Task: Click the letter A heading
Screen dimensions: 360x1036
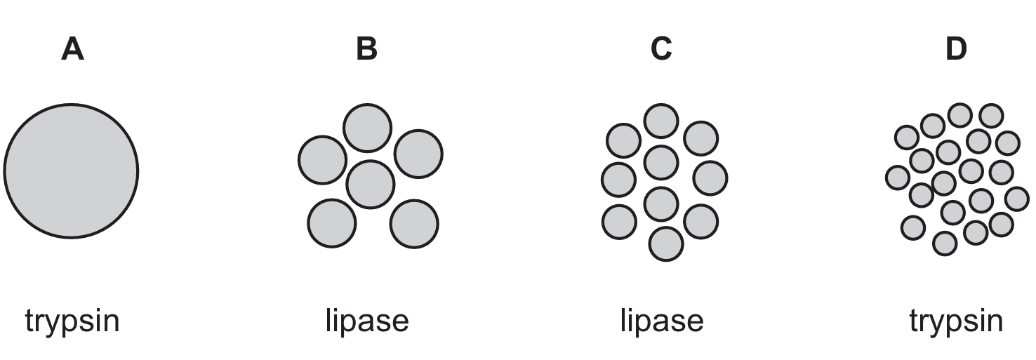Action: tap(73, 49)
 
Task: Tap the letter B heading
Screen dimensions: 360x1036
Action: tap(366, 49)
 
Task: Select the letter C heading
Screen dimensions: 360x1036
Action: tap(661, 49)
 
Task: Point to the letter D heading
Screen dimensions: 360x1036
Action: tap(956, 49)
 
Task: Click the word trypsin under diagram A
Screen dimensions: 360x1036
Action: tap(72, 322)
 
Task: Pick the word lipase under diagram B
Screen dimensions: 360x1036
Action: tap(367, 321)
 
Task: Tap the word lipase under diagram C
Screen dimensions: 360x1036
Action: tap(662, 321)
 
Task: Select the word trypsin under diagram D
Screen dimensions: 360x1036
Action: tap(956, 322)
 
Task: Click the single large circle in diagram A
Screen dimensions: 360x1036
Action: tap(71, 170)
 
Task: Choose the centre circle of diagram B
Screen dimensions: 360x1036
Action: tap(370, 184)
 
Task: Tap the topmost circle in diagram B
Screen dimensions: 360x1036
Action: tap(367, 128)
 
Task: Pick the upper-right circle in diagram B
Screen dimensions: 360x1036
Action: tap(418, 153)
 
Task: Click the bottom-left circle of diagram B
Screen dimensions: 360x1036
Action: tap(331, 223)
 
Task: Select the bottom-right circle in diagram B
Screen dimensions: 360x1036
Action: tap(414, 224)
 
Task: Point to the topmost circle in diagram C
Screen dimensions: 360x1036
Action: tap(661, 121)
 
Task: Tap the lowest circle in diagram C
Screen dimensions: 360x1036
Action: tap(666, 244)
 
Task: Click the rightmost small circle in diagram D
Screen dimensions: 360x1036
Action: tap(1017, 199)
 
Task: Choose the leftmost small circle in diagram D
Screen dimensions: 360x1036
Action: tap(898, 178)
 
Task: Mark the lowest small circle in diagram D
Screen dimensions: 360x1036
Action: tap(945, 244)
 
